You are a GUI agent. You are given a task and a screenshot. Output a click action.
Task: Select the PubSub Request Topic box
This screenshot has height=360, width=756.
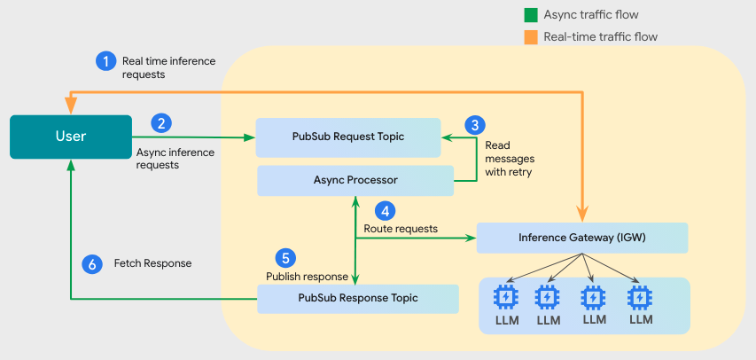coord(347,137)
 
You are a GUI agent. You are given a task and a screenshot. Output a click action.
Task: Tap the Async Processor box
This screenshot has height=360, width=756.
coord(355,180)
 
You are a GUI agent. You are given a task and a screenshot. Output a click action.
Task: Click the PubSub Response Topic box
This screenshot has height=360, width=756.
coord(357,298)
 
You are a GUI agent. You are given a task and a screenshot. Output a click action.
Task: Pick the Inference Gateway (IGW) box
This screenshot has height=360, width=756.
coord(581,238)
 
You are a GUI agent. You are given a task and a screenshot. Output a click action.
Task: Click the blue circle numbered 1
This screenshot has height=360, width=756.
coord(105,61)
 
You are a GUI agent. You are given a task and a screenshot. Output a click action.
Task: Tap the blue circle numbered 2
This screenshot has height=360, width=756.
coord(160,122)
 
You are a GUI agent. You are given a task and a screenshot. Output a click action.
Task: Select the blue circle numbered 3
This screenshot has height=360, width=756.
coord(475,124)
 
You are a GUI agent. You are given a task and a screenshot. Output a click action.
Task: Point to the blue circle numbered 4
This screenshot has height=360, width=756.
coord(385,211)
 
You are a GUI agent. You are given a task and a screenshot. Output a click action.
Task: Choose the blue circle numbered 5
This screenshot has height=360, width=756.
coord(284,258)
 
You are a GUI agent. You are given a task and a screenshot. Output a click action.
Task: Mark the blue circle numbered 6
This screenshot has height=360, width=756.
coord(91,263)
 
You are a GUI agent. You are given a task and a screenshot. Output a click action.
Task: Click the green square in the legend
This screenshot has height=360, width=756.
coord(531,15)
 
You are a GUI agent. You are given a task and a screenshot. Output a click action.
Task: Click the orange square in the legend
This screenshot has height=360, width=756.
coord(531,36)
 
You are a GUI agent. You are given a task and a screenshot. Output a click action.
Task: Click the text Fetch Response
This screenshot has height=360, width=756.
coord(152,263)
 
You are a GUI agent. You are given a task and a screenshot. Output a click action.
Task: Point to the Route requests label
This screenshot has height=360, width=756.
coord(401,229)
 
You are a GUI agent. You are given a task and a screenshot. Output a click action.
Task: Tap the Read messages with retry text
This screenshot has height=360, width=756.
coord(510,158)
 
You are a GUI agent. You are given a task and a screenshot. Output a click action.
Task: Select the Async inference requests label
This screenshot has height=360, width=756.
coord(175,158)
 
